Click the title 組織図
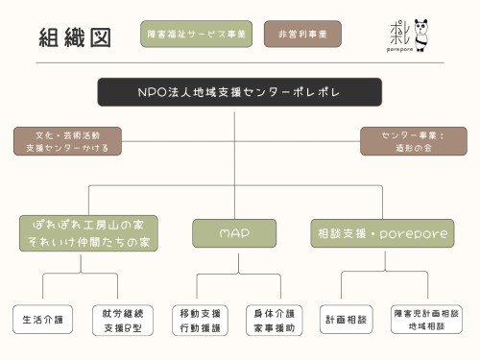tap(75, 37)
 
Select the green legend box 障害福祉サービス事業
tap(196, 34)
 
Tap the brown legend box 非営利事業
tap(302, 34)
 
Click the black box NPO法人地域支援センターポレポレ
tap(239, 92)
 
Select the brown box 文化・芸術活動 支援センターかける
tap(67, 141)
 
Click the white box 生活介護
tap(42, 320)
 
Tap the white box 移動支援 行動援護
tap(201, 320)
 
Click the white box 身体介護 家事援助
tap(276, 320)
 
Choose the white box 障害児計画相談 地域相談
tap(426, 320)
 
